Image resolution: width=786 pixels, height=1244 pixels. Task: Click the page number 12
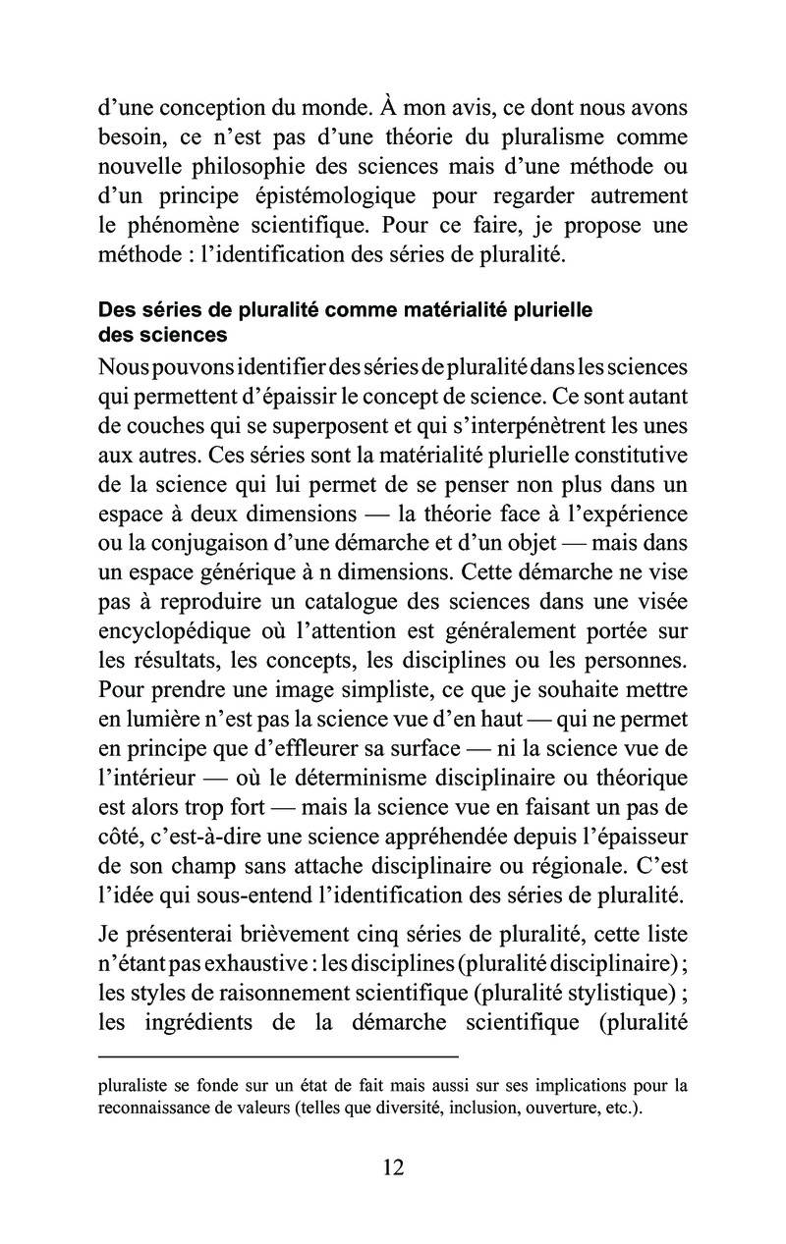coord(392,1167)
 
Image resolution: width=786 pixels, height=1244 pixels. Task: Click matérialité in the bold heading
coord(445,310)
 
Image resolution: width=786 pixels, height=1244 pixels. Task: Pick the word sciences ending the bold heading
coord(189,335)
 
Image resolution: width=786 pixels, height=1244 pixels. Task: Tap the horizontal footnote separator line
coord(279,1055)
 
